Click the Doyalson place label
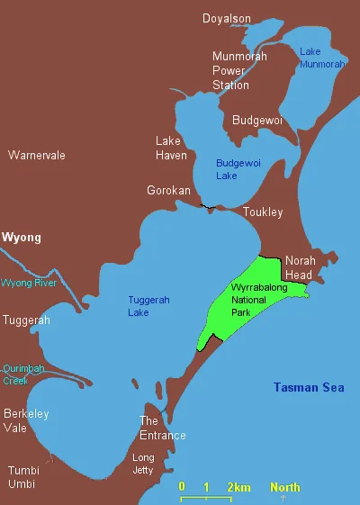[x=226, y=18]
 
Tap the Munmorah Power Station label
[x=230, y=71]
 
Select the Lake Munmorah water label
[x=322, y=58]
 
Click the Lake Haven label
[x=170, y=149]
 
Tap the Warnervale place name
[x=37, y=156]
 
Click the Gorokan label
[x=168, y=191]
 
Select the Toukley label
[x=263, y=212]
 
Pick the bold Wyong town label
[x=22, y=238]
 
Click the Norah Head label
[x=301, y=267]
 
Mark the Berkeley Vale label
[x=26, y=421]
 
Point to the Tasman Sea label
[x=310, y=388]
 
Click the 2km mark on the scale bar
[x=238, y=487]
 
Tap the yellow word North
[x=285, y=487]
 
